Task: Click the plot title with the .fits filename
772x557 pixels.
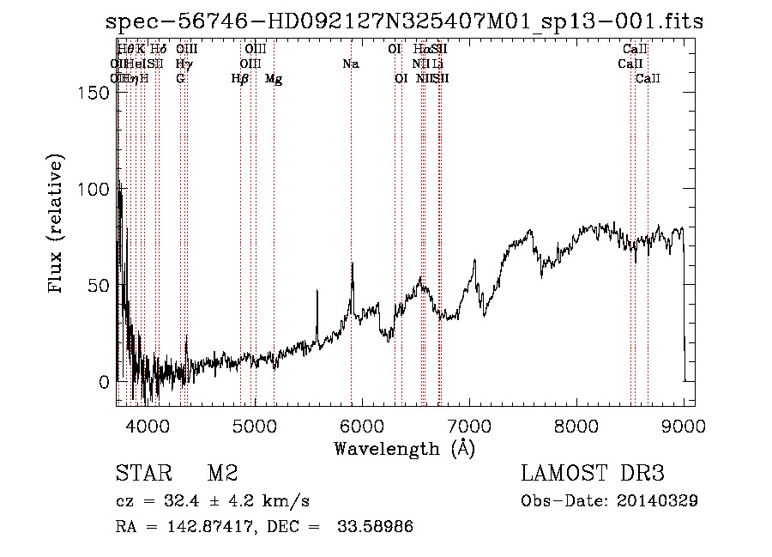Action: [x=404, y=21]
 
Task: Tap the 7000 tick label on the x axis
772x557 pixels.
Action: [x=469, y=425]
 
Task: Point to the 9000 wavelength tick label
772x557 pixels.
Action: [x=684, y=425]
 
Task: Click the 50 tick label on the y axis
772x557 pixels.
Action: [x=100, y=285]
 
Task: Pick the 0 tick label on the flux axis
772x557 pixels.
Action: [x=106, y=381]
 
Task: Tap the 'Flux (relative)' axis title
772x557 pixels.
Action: [x=57, y=225]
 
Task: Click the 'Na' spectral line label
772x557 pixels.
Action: [x=350, y=64]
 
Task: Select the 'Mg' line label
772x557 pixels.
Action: [x=274, y=79]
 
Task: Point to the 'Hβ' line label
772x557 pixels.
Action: [x=240, y=79]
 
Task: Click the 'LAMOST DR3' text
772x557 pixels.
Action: [x=592, y=474]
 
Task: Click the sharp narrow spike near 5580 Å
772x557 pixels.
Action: [x=317, y=296]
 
